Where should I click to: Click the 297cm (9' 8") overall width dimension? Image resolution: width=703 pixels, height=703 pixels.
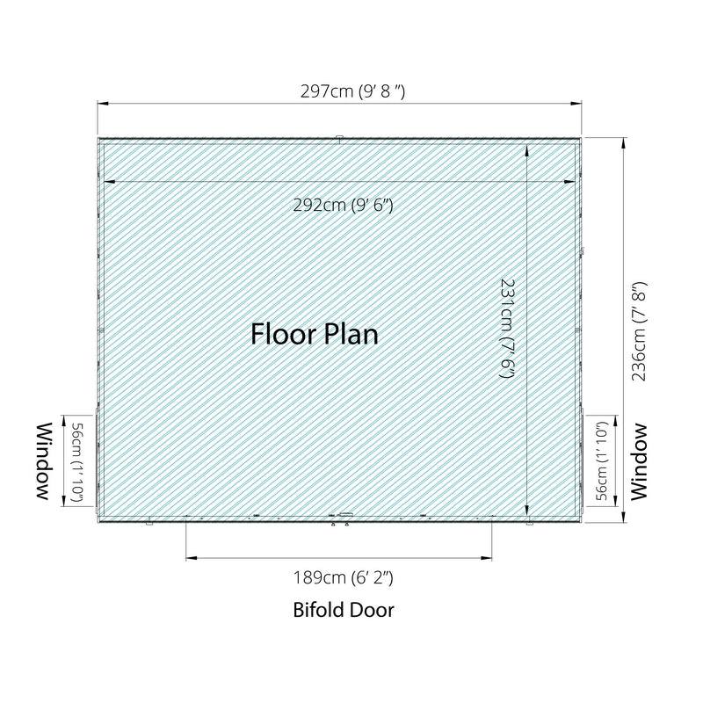(352, 91)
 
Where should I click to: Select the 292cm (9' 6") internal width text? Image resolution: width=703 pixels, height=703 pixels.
(343, 205)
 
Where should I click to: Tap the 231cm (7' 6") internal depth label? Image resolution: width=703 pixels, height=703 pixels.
(507, 329)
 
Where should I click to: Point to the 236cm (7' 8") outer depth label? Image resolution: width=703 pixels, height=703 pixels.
(639, 331)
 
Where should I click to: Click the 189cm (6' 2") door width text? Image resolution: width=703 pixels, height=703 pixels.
(343, 577)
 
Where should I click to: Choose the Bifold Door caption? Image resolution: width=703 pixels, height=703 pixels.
(344, 610)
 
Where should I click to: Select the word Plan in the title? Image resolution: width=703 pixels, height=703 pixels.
(351, 334)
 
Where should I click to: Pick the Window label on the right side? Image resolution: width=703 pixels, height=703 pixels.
(639, 462)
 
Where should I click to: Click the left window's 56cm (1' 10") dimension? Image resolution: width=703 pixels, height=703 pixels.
(76, 463)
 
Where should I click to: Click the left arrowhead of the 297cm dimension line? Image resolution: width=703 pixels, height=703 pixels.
(103, 104)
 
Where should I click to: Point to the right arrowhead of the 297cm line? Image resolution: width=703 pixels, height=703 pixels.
(576, 104)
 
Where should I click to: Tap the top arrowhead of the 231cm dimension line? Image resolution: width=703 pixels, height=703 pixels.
(526, 150)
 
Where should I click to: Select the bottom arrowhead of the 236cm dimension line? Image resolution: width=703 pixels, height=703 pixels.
(623, 517)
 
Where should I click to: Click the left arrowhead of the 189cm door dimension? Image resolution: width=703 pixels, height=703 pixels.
(192, 558)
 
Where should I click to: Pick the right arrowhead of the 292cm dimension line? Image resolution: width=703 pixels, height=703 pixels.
(569, 182)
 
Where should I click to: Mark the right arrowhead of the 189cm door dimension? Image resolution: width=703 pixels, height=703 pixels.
(486, 558)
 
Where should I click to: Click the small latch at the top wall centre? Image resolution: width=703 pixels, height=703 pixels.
(339, 139)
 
